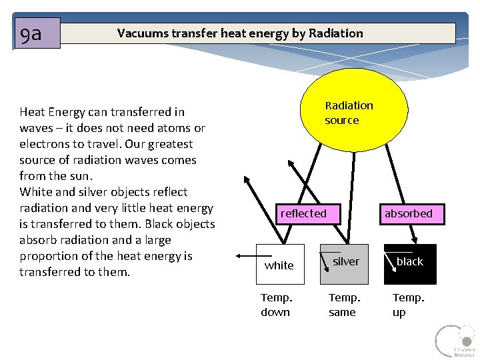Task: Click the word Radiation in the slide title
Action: pos(336,33)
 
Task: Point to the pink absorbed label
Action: pos(408,213)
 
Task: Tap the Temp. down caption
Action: pos(275,305)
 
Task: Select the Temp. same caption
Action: pos(344,305)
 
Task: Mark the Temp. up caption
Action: pos(407,305)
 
